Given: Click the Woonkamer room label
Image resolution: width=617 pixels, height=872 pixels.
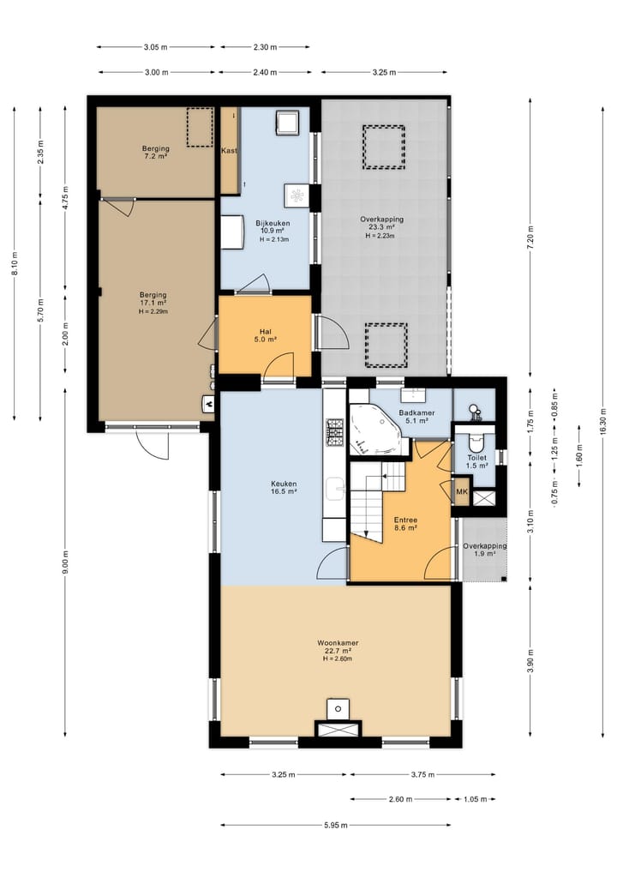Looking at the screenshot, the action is pos(338,643).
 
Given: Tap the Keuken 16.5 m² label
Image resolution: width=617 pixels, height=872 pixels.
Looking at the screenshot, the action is pos(284,488).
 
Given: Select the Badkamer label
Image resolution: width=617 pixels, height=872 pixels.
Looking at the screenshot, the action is pos(416,413).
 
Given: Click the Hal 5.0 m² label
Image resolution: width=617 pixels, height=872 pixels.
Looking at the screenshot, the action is pos(265,335).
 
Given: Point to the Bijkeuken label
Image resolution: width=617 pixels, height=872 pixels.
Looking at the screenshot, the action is pos(273,224).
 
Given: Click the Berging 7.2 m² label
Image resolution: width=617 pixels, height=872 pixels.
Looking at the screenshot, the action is pos(156,153).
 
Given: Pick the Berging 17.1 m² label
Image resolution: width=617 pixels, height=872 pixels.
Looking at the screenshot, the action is pos(153,298).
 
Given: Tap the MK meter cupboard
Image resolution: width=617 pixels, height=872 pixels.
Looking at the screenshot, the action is pos(462,492).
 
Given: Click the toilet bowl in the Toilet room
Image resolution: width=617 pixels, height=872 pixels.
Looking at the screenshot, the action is pos(476,442).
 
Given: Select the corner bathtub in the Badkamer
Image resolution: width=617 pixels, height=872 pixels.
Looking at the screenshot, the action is pos(374,429).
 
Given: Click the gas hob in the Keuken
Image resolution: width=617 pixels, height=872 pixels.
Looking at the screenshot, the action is pos(335,432).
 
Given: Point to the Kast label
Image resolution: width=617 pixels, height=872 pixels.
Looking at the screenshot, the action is pos(229,151).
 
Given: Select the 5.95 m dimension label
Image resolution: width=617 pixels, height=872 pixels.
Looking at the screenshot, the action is pos(336,826).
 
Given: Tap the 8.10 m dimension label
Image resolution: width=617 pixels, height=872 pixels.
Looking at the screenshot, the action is pos(15,263).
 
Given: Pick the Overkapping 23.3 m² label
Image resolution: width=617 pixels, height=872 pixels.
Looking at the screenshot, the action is pos(381,223).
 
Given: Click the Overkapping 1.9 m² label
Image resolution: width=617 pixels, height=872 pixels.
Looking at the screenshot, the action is pos(485,550).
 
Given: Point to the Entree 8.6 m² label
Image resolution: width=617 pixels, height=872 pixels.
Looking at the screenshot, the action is pos(406,524).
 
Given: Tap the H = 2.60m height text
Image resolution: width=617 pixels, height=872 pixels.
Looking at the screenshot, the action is pos(338,659).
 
